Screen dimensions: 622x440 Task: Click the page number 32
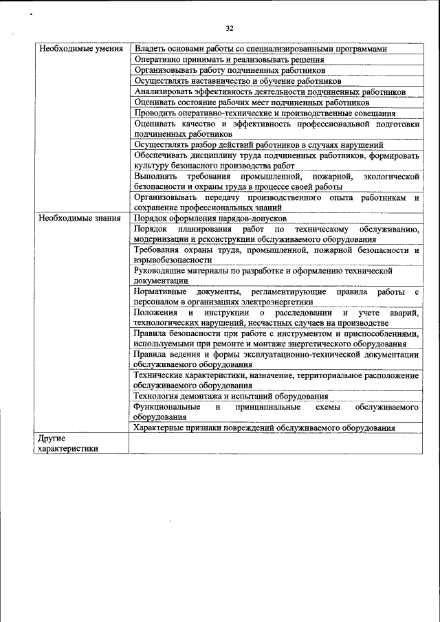(230, 28)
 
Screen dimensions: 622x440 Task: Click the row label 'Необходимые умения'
(81, 49)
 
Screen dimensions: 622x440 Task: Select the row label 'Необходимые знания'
(80, 218)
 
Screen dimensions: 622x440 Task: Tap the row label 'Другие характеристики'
(68, 443)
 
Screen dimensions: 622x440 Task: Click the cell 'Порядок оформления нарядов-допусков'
(206, 218)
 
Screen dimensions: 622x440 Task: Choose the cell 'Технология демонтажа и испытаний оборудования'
(231, 397)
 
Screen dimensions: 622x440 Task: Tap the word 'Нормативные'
(160, 292)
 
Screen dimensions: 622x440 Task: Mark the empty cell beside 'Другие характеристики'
(276, 443)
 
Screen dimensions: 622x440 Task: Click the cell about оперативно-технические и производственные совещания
(265, 113)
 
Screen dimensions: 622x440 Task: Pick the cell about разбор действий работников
(259, 144)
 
